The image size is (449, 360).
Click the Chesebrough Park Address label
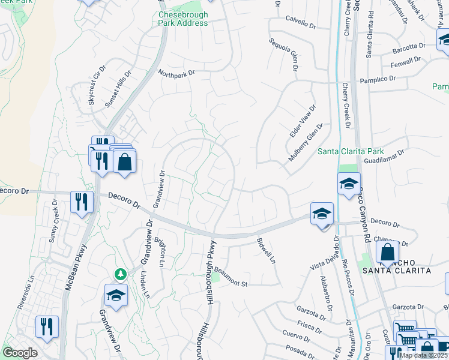coord(183,19)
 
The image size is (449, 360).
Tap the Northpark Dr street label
coord(177,73)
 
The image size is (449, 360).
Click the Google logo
coord(20,353)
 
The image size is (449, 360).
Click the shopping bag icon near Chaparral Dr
coord(388,253)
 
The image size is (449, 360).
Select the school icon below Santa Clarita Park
coord(349,184)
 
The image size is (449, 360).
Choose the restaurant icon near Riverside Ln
coord(46,326)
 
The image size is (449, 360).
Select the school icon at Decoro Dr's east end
coord(322,214)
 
